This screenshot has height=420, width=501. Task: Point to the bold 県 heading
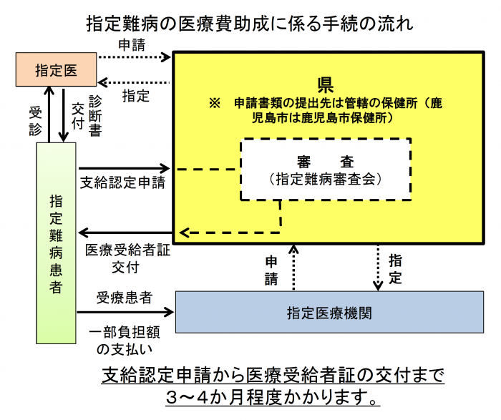326,86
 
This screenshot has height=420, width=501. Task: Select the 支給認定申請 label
122,182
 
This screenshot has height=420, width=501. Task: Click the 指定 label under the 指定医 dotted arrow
136,96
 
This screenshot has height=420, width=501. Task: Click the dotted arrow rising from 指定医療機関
293,268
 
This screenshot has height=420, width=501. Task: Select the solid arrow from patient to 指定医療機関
126,312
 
